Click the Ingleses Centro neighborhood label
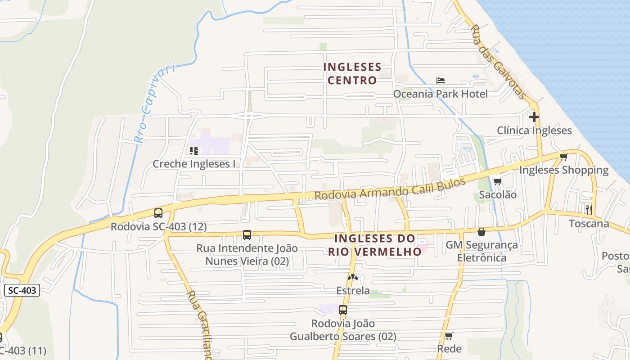tap(352, 74)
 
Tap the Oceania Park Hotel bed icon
tap(441, 81)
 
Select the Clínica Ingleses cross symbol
tap(534, 117)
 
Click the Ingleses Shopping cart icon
tap(563, 157)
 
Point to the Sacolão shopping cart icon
tap(497, 181)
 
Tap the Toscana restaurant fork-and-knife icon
tap(588, 209)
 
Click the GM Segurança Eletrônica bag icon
tap(481, 232)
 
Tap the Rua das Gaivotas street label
tap(497, 62)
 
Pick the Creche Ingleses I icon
tap(194, 150)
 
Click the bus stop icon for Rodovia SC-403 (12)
tap(158, 213)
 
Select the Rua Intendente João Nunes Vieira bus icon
tap(247, 234)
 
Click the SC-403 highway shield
tap(22, 290)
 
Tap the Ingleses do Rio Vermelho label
tap(375, 245)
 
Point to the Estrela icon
tap(353, 277)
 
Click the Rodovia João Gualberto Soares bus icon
tap(343, 310)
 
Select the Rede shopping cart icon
tap(449, 336)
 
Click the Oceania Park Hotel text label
tap(441, 94)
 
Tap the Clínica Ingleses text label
tap(534, 130)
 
